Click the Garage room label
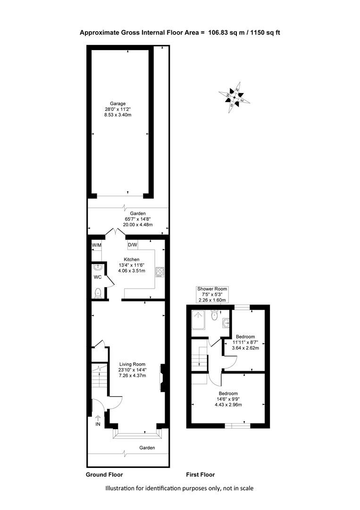coord(117,104)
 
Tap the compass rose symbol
coord(234,97)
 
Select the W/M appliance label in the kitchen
coord(97,245)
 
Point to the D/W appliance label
coord(132,245)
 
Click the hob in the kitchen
coord(160,272)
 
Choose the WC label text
coord(98,277)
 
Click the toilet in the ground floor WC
coord(98,293)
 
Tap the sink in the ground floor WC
coord(98,267)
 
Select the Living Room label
coord(132,364)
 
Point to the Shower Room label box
coord(212,294)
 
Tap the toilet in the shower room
coord(214,315)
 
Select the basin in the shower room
coord(226,323)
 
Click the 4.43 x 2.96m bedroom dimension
coord(228,405)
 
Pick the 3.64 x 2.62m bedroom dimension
coord(245,348)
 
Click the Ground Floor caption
coord(104,475)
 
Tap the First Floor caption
coord(201,475)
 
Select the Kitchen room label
coord(132,260)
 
